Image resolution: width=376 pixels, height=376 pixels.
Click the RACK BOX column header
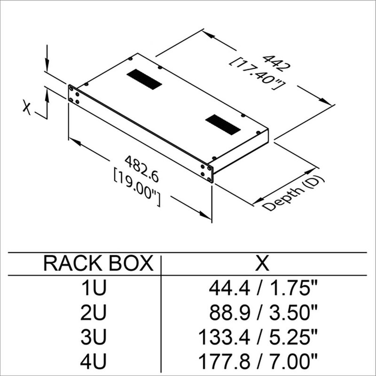point(98,264)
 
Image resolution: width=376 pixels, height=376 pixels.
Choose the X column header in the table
point(264,264)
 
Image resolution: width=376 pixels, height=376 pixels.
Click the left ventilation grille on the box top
point(143,79)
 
